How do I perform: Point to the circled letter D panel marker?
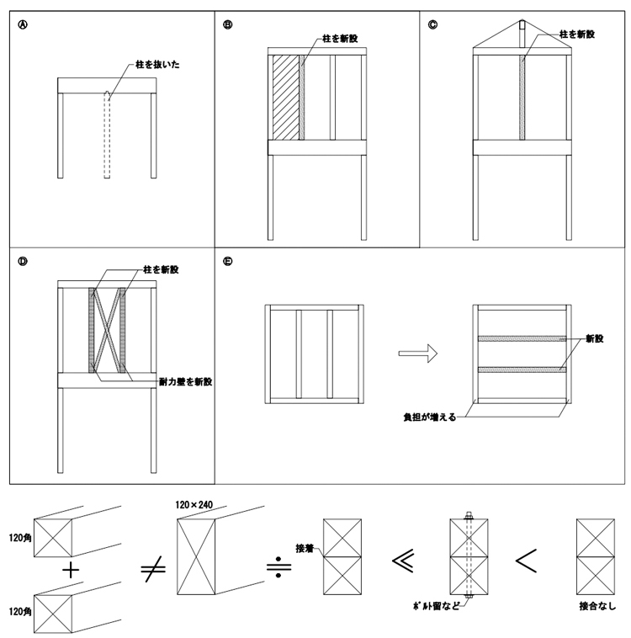click(23, 261)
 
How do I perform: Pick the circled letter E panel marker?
click(227, 261)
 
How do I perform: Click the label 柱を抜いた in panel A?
click(154, 65)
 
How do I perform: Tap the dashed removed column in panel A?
click(107, 135)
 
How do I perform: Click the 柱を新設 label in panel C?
click(577, 35)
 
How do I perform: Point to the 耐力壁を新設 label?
click(186, 381)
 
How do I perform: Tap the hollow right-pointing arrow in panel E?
click(420, 354)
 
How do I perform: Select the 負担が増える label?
click(429, 416)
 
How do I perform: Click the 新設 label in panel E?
click(597, 338)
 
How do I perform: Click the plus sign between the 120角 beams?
click(72, 570)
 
